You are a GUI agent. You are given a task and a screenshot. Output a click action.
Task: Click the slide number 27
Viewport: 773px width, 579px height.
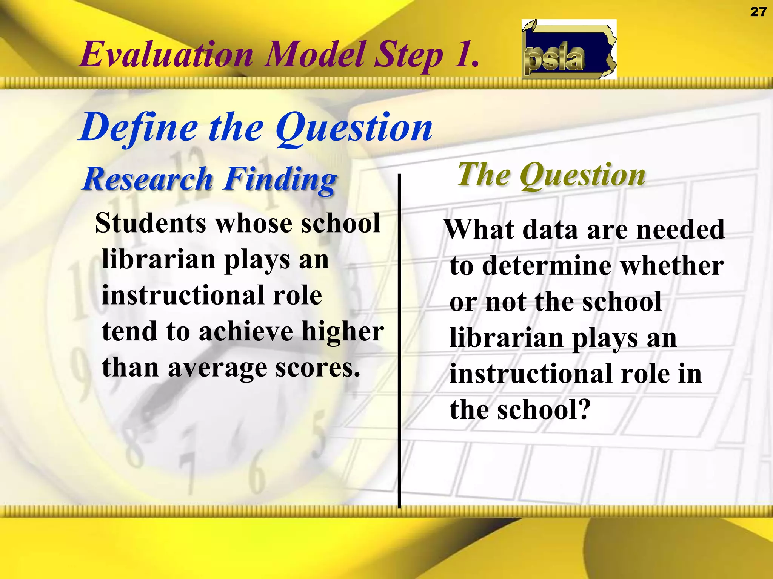[758, 12]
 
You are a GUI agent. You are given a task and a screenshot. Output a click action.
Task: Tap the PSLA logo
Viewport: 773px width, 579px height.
[569, 49]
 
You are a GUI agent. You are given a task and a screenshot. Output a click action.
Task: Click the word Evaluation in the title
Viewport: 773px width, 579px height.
[166, 55]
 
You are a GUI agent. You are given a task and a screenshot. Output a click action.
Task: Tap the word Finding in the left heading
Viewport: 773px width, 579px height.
[280, 179]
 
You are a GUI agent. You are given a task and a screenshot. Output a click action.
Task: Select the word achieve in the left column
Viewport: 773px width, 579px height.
[246, 332]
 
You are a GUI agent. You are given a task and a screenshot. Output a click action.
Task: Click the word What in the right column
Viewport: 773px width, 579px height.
[479, 230]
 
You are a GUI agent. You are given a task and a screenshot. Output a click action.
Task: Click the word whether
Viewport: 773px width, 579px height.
[672, 266]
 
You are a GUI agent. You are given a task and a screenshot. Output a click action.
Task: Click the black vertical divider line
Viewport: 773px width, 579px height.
[399, 339]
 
